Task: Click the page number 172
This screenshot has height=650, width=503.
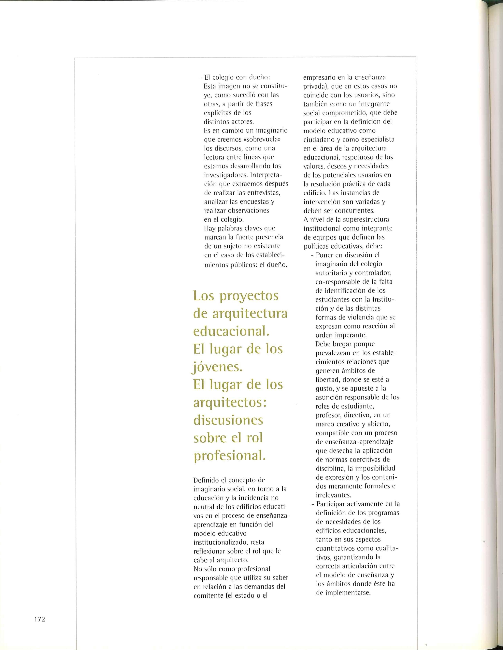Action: [x=39, y=619]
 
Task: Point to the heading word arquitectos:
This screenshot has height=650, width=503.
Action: [x=230, y=403]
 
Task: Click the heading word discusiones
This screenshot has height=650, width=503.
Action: [x=228, y=420]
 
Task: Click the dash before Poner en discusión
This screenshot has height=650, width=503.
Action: [x=312, y=255]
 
